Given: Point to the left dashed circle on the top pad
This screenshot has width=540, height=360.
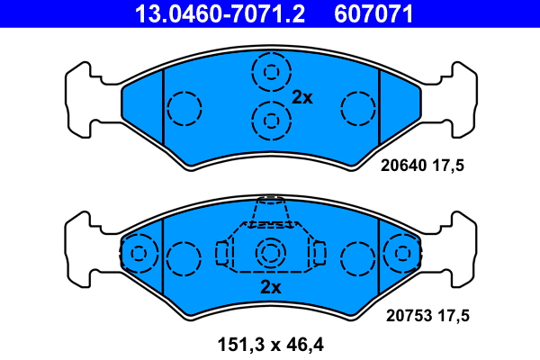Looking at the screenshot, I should (184, 109).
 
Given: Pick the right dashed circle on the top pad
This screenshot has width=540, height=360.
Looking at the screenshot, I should (357, 109).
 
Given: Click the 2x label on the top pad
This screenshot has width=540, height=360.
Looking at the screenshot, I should (302, 97).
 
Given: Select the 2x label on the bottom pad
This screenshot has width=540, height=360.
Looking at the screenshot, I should (270, 288).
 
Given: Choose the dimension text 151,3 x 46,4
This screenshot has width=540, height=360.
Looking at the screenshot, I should (270, 344).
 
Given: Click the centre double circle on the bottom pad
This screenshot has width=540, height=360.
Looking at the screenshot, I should (270, 254).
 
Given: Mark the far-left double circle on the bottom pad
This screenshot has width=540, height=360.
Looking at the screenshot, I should (138, 253).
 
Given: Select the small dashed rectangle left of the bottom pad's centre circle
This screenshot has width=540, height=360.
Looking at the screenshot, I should (222, 254).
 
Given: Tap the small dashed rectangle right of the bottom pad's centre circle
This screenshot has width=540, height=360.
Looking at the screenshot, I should (318, 254).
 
